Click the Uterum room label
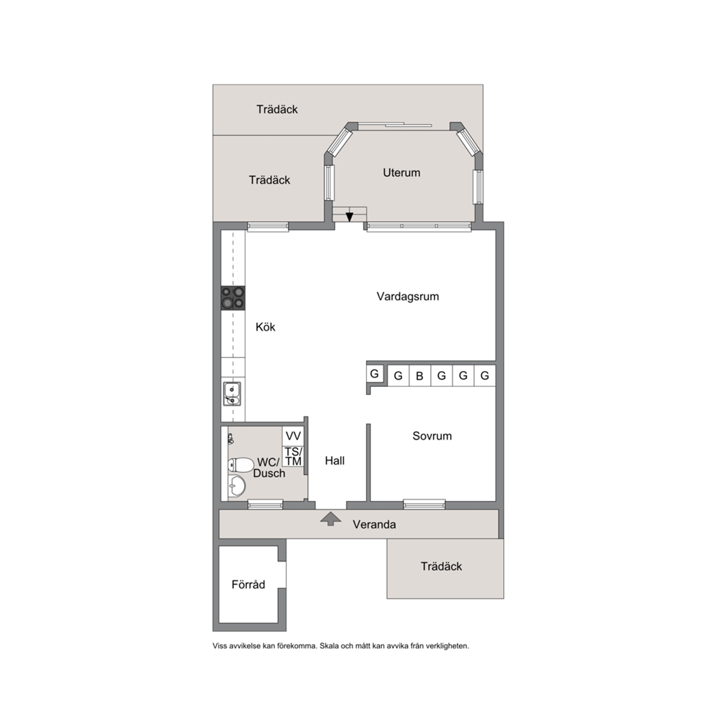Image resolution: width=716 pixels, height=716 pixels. click(x=401, y=173)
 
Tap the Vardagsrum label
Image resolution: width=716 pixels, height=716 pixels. click(x=408, y=297)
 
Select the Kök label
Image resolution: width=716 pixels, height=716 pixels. click(x=266, y=327)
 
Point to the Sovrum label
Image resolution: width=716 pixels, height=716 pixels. click(x=432, y=436)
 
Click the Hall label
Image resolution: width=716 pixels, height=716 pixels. click(x=335, y=460)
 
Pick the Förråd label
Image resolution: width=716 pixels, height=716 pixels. click(x=248, y=584)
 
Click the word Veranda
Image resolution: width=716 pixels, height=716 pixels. click(x=374, y=524)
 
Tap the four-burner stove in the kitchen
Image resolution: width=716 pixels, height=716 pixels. click(x=233, y=297)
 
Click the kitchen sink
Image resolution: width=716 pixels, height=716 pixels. click(x=232, y=393)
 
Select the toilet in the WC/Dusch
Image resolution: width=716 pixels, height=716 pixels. click(x=240, y=465)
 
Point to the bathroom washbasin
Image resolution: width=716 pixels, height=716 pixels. click(x=237, y=486)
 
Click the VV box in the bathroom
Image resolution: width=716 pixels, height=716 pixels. click(x=293, y=436)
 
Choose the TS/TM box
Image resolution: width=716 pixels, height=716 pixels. click(x=293, y=456)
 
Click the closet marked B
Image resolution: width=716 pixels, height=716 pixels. click(x=419, y=376)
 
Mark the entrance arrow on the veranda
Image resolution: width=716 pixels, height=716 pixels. click(x=331, y=519)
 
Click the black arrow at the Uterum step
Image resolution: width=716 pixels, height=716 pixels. click(x=349, y=217)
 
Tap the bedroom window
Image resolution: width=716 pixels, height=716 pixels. click(x=424, y=504)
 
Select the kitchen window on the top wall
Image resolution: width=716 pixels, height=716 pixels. click(x=268, y=227)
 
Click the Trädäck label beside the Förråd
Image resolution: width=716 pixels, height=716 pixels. click(x=441, y=566)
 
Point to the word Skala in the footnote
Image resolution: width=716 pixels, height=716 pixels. click(x=329, y=646)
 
